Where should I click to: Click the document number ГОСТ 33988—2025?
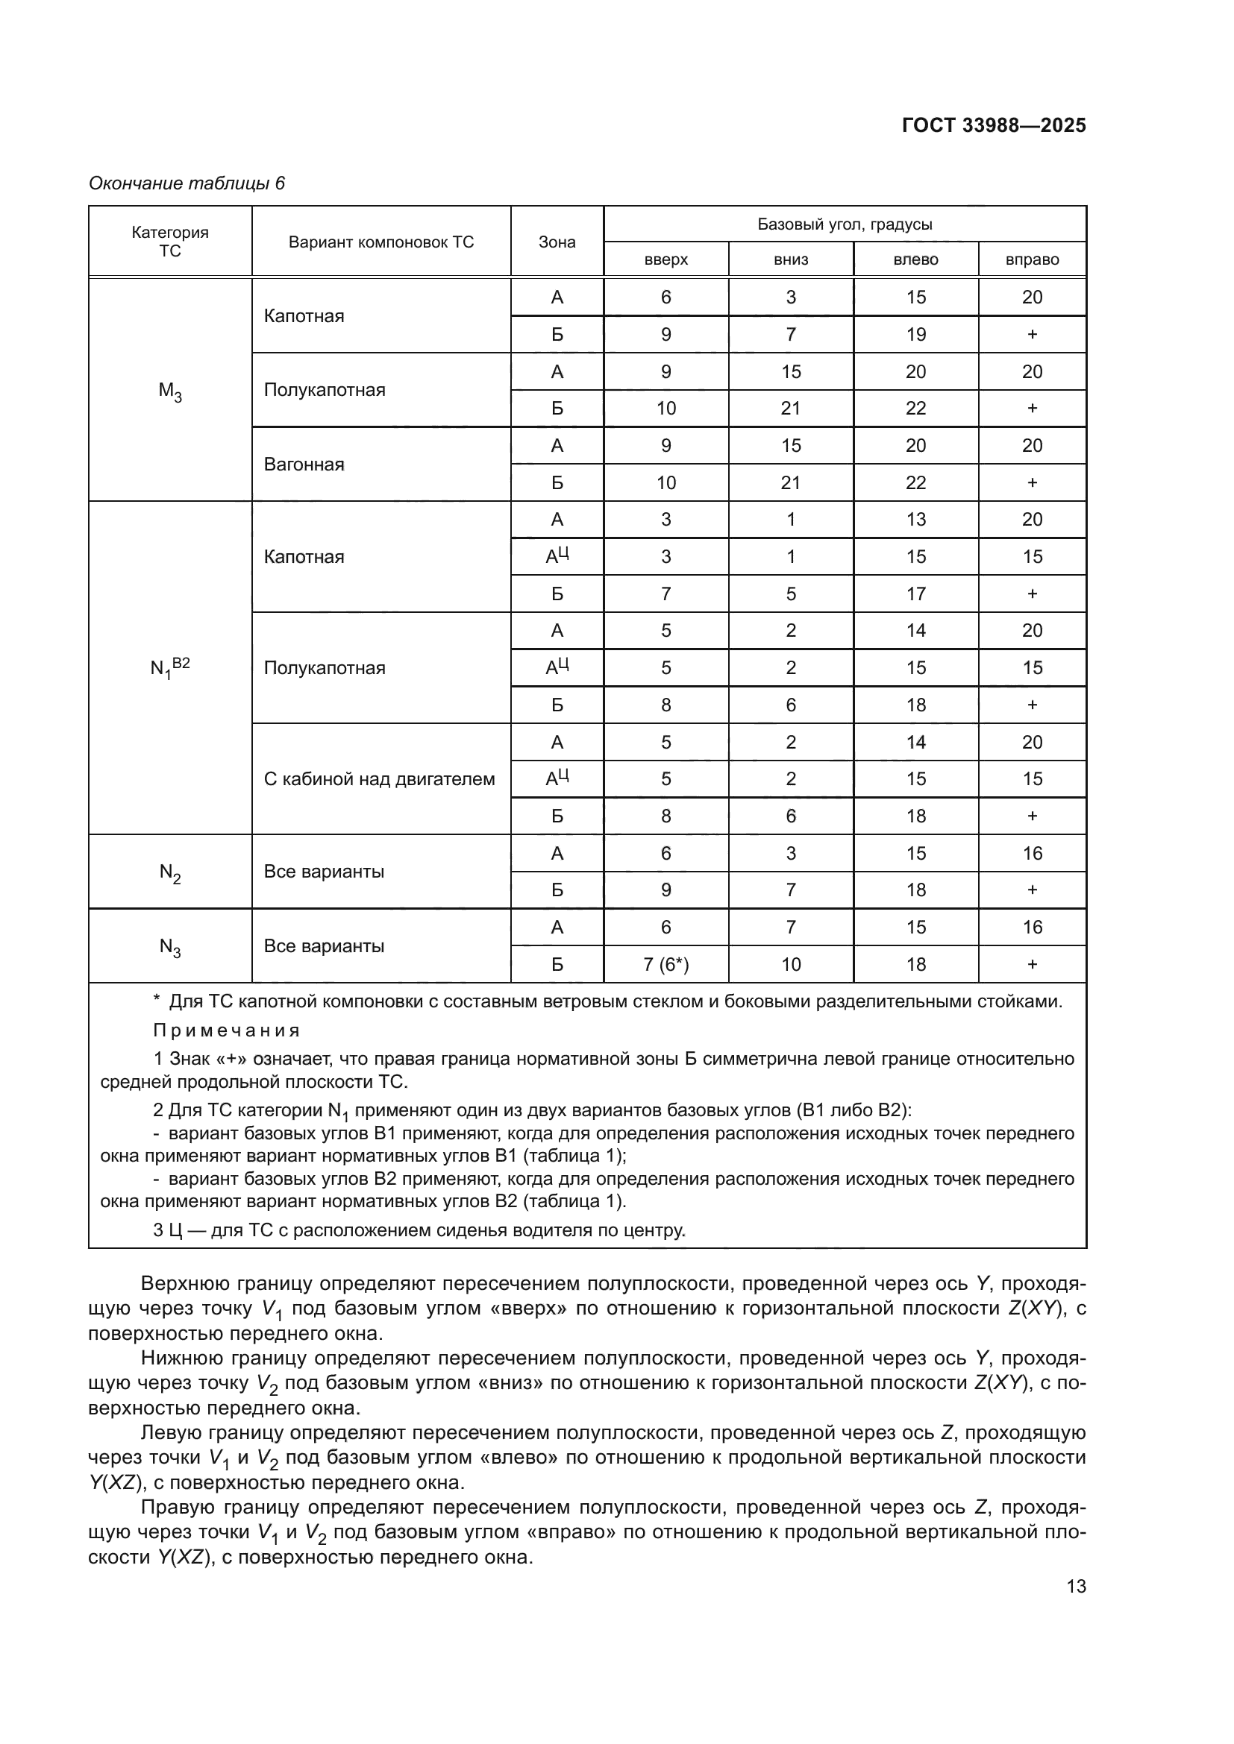click(993, 125)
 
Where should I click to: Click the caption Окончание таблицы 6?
click(187, 183)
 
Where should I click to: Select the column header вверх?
click(665, 259)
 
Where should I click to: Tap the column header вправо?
click(1031, 259)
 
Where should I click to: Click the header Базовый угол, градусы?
click(845, 224)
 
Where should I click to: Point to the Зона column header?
click(557, 242)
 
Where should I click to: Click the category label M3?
click(169, 391)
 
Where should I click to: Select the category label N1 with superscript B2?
click(169, 667)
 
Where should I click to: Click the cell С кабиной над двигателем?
click(379, 778)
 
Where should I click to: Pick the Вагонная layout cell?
click(304, 464)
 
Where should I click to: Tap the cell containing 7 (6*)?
click(665, 964)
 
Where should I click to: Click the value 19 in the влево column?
click(915, 334)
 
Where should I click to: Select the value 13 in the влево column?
click(915, 520)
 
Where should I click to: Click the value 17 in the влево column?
click(915, 594)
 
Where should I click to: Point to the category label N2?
click(169, 873)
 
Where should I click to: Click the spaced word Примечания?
click(227, 1030)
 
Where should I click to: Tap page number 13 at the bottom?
click(1076, 1586)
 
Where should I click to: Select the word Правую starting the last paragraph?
click(178, 1507)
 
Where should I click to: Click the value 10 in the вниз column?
click(790, 964)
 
